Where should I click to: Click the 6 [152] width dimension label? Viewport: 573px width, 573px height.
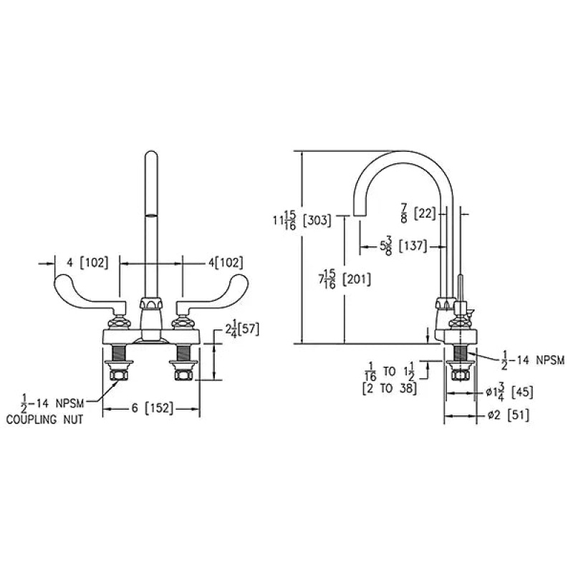[x=153, y=408]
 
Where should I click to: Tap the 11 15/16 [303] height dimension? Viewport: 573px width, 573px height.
[x=302, y=221]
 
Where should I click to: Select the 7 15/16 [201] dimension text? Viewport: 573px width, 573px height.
[x=345, y=279]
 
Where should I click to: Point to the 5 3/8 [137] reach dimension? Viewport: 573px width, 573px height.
[x=403, y=246]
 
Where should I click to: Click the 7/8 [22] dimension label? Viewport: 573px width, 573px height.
[x=418, y=213]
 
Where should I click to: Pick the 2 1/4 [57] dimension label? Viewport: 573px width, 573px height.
[x=242, y=329]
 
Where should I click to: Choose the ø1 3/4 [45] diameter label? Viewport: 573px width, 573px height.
[x=509, y=393]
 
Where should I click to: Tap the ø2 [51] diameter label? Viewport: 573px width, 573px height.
[x=509, y=415]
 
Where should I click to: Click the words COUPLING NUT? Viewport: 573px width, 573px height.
[x=44, y=419]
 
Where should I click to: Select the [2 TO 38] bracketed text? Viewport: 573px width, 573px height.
[x=390, y=388]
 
